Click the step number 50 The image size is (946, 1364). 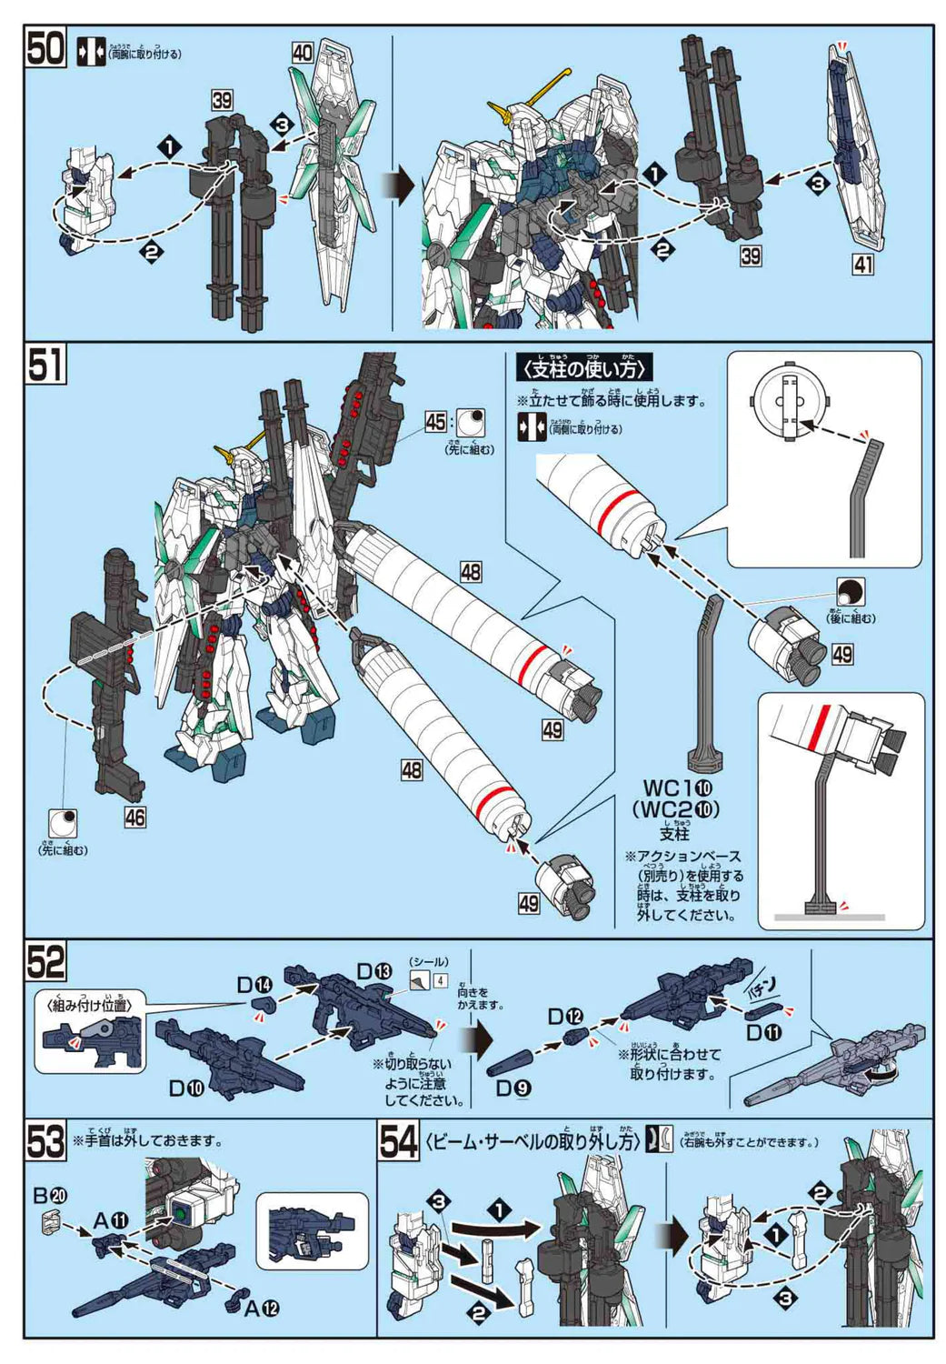(x=45, y=48)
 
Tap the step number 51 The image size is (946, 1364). (x=45, y=365)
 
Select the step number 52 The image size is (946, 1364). (x=45, y=960)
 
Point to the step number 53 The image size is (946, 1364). (x=45, y=1142)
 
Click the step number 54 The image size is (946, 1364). (x=398, y=1142)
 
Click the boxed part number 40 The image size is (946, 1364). (x=303, y=53)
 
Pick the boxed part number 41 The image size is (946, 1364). (x=862, y=265)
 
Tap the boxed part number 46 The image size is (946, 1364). (x=134, y=817)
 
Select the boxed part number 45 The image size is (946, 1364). (x=436, y=421)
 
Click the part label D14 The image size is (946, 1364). (x=254, y=985)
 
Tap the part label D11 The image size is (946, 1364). (x=763, y=1032)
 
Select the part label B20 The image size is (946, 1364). (x=50, y=1195)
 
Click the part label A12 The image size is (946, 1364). (x=262, y=1308)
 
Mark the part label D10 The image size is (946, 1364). (x=186, y=1088)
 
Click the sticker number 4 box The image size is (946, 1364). (x=440, y=980)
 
